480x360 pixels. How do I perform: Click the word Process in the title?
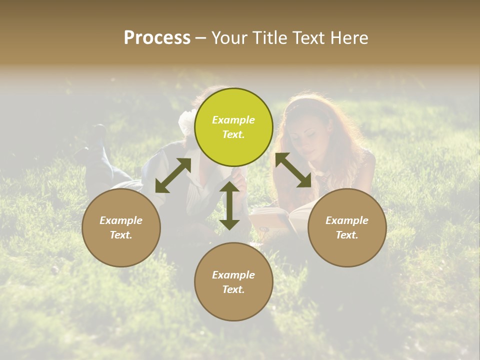coord(157,38)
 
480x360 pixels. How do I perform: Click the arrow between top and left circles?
coord(173,175)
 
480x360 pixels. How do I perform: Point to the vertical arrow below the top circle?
coord(229,205)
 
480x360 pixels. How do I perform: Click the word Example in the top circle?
coord(233,120)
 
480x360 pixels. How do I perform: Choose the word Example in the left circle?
coord(121,220)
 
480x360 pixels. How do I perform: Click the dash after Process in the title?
coord(201,38)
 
